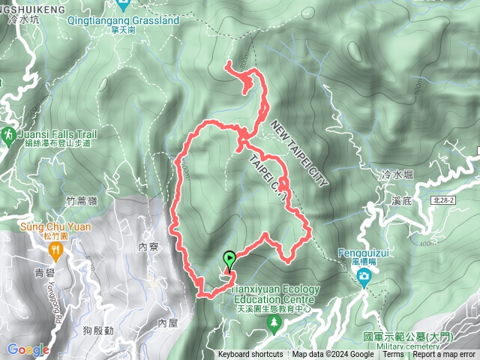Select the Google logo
[x=28, y=349]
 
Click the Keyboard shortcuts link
[x=250, y=354]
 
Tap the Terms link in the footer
[x=393, y=354]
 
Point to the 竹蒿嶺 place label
[x=82, y=200]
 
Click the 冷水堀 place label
[x=398, y=174]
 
